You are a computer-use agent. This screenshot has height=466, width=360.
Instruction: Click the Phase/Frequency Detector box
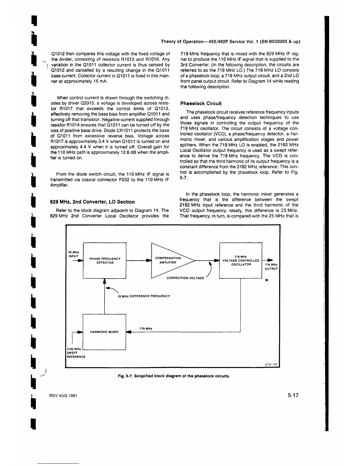[x=105, y=261]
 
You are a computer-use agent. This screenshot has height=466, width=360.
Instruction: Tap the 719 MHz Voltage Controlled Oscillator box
[x=241, y=260]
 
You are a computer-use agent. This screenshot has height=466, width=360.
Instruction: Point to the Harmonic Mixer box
[x=104, y=332]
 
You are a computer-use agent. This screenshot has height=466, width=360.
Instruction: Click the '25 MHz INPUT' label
[x=73, y=254]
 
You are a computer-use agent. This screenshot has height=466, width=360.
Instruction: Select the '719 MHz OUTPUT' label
[x=271, y=267]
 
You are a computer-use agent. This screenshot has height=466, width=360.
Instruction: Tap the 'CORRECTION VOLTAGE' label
[x=185, y=278]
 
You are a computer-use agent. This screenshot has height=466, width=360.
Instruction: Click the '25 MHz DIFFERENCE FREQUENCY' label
[x=144, y=296]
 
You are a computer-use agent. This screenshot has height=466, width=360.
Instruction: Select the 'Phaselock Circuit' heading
[x=201, y=104]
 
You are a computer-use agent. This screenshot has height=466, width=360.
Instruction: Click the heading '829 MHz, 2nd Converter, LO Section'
[x=93, y=202]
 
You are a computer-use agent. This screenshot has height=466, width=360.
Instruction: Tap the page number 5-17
[x=293, y=395]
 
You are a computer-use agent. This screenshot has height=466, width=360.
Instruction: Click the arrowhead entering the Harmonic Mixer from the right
[x=129, y=332]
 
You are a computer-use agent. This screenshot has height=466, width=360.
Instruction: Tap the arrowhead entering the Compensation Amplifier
[x=149, y=260]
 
